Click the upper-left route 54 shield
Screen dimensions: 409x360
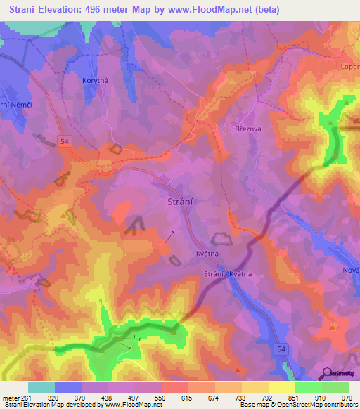65,141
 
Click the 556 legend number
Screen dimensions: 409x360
161,397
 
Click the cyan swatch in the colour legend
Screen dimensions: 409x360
41,387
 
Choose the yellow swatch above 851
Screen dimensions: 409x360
281,387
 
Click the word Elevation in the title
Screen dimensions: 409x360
61,10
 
